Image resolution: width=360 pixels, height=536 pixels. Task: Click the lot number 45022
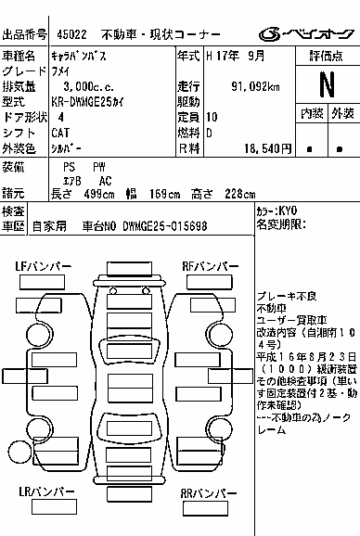coord(71,34)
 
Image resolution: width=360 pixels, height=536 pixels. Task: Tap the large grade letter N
coord(328,84)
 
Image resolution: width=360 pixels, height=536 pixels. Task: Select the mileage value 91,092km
coord(255,87)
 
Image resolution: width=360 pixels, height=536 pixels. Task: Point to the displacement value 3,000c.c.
coord(88,87)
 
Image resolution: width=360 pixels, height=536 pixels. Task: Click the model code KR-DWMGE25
coord(82,102)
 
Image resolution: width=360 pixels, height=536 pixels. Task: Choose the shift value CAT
coord(60,133)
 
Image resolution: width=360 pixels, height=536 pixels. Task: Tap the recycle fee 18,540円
coord(268,148)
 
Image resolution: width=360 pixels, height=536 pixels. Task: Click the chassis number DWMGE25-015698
coord(165,226)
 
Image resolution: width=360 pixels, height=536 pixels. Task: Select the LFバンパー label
coord(44,266)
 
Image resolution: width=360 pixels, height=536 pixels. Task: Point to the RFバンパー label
coord(211,266)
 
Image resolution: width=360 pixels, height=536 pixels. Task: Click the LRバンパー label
coord(46,491)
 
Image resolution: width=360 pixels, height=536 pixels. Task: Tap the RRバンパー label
coord(209,493)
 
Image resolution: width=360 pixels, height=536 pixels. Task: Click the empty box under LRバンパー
coord(54,506)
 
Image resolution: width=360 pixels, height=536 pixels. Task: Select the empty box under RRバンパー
coord(205,509)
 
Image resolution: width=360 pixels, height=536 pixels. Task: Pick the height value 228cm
coord(240,194)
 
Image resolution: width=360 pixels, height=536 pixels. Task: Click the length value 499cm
coord(99,194)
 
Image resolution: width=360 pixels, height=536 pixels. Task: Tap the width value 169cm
coord(164,194)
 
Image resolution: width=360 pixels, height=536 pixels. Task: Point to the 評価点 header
coord(327,56)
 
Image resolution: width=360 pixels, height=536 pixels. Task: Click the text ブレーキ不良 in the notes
coord(287,296)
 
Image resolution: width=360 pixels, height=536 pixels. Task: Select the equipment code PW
coord(99,167)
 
